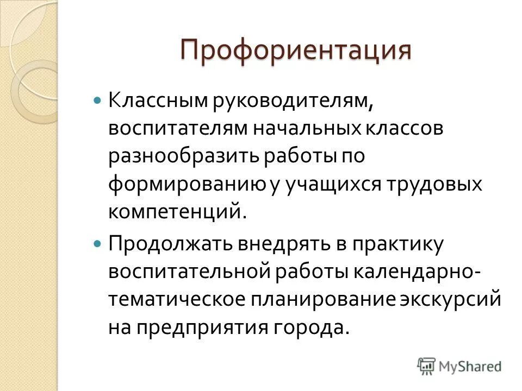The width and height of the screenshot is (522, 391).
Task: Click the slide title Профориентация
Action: [296, 52]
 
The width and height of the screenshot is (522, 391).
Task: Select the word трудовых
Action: [435, 185]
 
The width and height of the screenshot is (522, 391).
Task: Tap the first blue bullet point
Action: [98, 102]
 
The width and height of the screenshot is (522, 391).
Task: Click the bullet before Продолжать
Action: [98, 244]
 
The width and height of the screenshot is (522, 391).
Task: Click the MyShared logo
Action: [459, 366]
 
